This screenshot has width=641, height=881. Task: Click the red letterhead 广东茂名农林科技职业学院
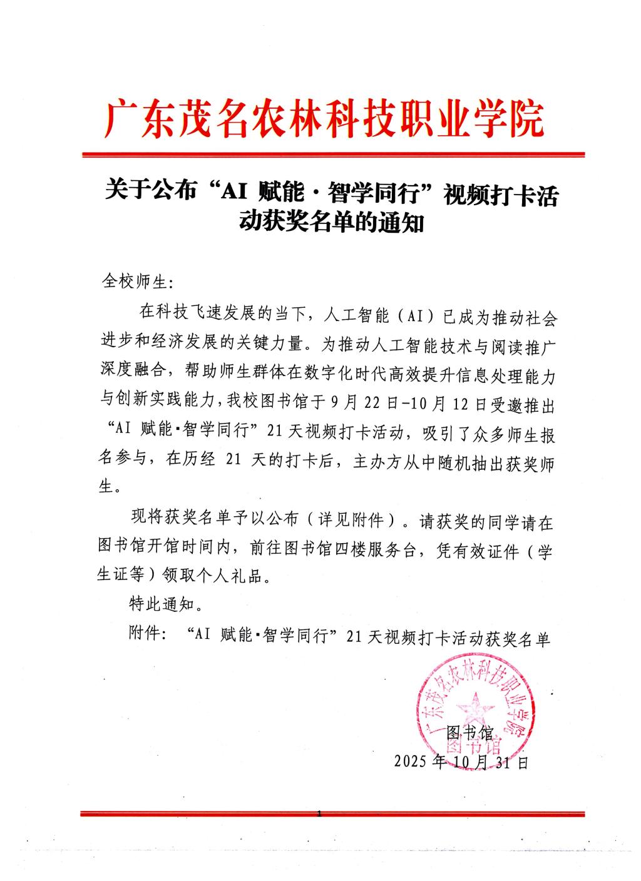pyautogui.click(x=324, y=120)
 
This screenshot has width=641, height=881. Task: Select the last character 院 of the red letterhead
pyautogui.click(x=525, y=120)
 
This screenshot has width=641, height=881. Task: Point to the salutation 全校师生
pyautogui.click(x=133, y=282)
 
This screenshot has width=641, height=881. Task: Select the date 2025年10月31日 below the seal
pyautogui.click(x=461, y=762)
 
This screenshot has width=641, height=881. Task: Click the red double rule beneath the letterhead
pyautogui.click(x=333, y=154)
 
